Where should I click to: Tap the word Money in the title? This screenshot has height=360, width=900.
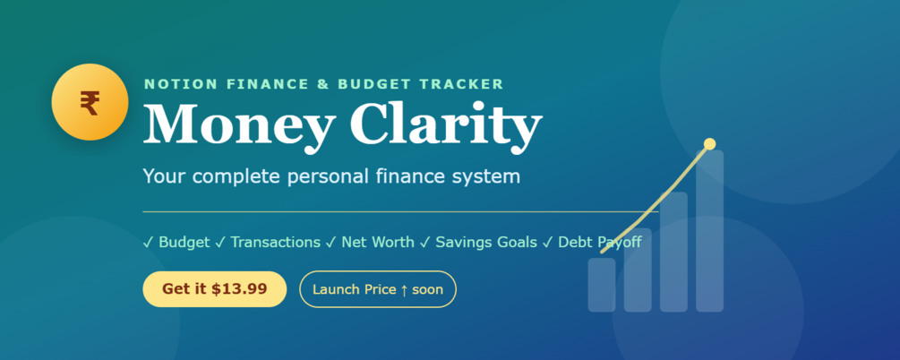(239, 124)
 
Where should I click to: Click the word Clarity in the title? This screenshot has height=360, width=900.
(446, 124)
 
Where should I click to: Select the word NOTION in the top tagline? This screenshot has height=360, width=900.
(181, 84)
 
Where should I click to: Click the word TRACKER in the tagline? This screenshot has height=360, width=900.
(461, 84)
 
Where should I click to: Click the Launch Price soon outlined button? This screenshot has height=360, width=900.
(378, 288)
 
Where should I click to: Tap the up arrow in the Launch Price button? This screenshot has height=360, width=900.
(404, 289)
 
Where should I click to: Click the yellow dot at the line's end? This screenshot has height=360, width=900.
(709, 143)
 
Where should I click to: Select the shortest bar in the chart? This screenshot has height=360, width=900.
(602, 285)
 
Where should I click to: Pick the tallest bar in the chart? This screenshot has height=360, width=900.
(709, 231)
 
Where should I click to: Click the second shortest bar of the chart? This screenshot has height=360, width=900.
(638, 270)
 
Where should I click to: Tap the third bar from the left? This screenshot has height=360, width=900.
(673, 252)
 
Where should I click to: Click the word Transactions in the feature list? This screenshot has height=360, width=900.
(276, 242)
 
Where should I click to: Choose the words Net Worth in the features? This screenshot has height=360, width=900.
(378, 242)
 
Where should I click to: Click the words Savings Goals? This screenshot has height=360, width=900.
(486, 243)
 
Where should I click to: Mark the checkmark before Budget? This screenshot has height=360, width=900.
(148, 243)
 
